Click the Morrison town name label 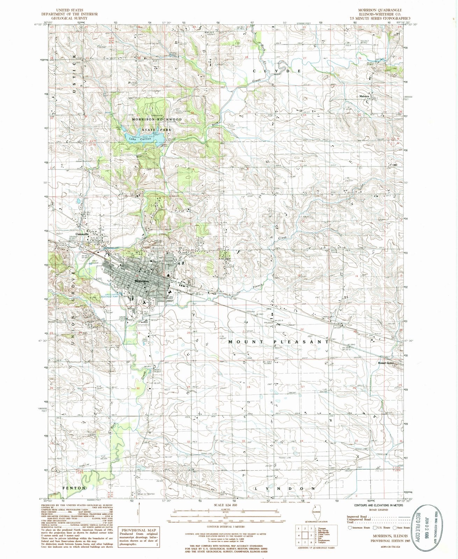point(141,281)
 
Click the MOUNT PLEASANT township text point(278,342)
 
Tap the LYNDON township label point(285,488)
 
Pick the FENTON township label point(74,487)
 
